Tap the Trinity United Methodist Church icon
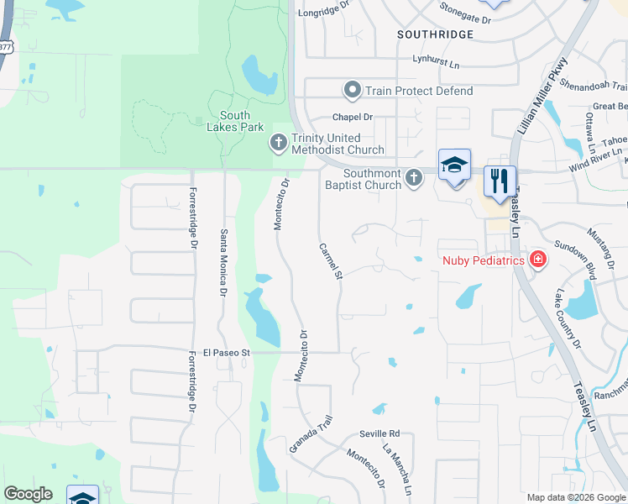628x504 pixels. pyautogui.click(x=277, y=144)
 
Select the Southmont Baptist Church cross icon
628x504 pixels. pyautogui.click(x=413, y=177)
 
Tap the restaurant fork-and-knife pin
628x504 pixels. pyautogui.click(x=500, y=181)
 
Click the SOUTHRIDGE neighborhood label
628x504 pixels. pyautogui.click(x=436, y=34)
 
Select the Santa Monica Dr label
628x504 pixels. pyautogui.click(x=223, y=263)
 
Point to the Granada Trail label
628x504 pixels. pyautogui.click(x=312, y=433)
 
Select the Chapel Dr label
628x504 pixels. pyautogui.click(x=352, y=117)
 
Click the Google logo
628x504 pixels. pyautogui.click(x=29, y=494)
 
